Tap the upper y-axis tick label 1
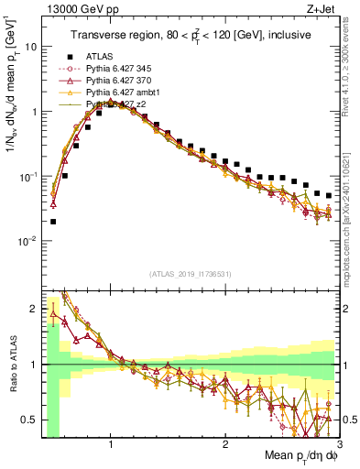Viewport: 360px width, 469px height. (34, 112)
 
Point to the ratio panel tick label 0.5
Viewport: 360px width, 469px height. (30, 420)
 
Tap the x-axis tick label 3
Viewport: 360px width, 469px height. (339, 443)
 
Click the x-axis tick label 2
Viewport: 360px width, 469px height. (225, 443)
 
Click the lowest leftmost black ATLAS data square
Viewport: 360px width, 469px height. (53, 221)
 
